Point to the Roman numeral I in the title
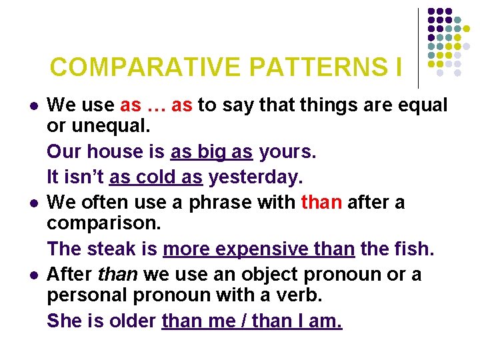[x=398, y=67]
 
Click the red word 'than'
[x=322, y=201]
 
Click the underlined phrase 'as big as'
[x=211, y=153]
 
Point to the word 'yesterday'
[x=255, y=177]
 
